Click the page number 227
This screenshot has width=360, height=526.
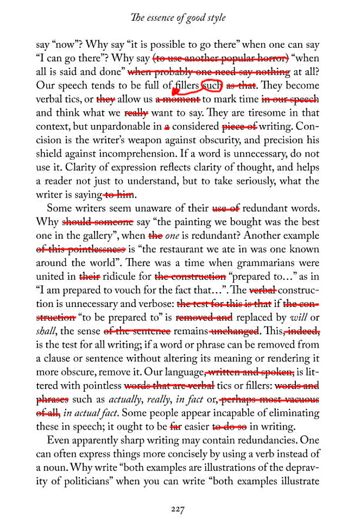[179, 510]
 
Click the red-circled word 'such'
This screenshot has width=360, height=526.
[212, 86]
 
